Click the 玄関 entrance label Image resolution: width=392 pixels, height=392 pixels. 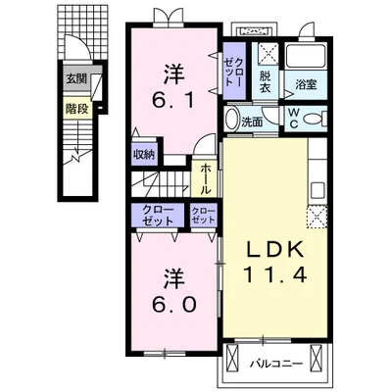[76, 78]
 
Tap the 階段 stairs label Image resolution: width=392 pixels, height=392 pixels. [77, 109]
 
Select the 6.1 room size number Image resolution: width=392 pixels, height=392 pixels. [174, 101]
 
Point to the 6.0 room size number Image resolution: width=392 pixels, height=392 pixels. [174, 305]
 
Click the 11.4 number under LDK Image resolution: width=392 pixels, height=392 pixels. [275, 274]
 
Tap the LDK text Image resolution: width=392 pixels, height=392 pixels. [274, 250]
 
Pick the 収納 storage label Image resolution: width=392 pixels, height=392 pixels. [144, 155]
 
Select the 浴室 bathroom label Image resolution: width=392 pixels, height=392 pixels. [306, 85]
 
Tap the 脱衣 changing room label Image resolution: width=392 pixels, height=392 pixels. [266, 81]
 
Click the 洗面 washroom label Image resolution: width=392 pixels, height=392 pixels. [252, 122]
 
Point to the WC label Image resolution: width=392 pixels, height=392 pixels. [294, 119]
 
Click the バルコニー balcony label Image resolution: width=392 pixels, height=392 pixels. [276, 364]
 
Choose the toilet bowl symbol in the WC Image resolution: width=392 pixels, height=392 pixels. [313, 119]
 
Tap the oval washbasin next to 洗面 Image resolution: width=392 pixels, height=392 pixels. [232, 119]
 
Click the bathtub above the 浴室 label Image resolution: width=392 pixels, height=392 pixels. [306, 56]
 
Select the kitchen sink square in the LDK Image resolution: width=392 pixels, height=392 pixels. [318, 189]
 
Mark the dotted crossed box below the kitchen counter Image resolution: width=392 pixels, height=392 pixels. [317, 217]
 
